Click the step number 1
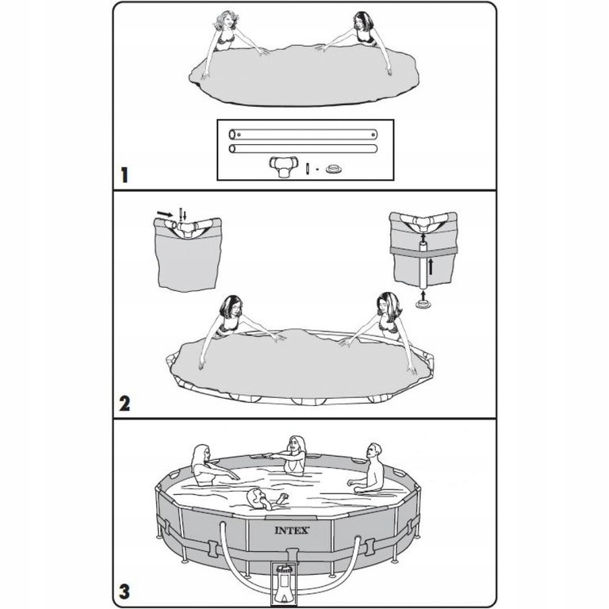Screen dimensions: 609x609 [x=124, y=175]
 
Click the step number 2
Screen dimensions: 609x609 [x=124, y=404]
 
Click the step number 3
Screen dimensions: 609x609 [x=124, y=592]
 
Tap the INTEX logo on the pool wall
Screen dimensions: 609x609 [x=292, y=530]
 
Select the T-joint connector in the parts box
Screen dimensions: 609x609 [x=284, y=167]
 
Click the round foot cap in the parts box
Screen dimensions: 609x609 [x=334, y=170]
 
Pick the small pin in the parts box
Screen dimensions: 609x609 [x=308, y=169]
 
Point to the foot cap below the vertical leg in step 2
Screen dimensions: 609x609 [x=423, y=304]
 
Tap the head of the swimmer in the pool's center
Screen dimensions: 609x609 [x=255, y=496]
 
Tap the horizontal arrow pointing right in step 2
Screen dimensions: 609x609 [x=165, y=214]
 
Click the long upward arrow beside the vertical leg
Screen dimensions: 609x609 [x=431, y=266]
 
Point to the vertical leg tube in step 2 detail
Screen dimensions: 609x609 [x=423, y=265]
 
